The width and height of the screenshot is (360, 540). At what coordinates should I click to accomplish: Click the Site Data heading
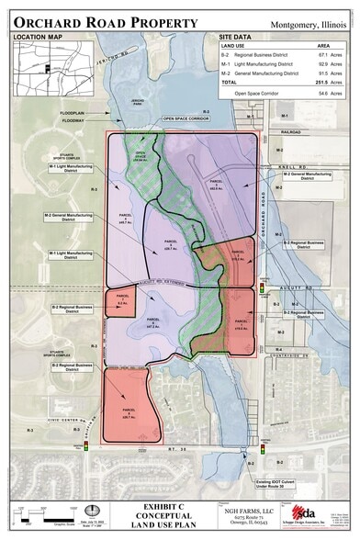[x=238, y=37]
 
